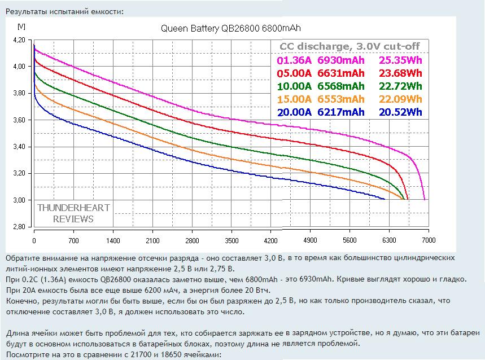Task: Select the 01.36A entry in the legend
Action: [294, 60]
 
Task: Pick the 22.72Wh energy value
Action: [400, 86]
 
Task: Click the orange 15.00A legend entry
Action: [294, 99]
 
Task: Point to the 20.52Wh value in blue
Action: [400, 112]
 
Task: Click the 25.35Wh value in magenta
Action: [400, 60]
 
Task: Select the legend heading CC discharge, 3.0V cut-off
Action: [350, 47]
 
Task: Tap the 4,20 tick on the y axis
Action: [19, 40]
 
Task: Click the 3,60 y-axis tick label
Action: [19, 120]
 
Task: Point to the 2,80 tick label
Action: [19, 227]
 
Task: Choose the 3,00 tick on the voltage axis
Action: [19, 200]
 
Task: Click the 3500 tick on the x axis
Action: [231, 240]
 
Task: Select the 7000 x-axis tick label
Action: [428, 240]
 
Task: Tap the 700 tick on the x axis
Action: [73, 240]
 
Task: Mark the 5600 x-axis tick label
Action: [349, 240]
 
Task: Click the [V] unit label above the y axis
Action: [21, 26]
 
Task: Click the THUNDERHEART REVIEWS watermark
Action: [73, 213]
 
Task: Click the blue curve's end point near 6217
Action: [384, 199]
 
